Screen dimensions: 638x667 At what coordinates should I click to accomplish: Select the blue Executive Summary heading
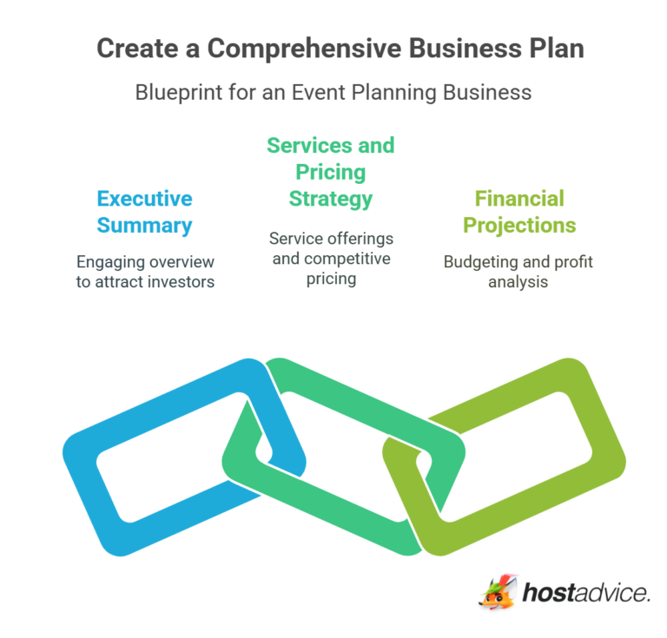144,212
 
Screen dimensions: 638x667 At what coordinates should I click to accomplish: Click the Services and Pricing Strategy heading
330,171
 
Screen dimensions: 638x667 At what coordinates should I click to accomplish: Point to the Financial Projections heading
519,212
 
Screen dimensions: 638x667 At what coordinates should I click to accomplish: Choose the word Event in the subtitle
298,91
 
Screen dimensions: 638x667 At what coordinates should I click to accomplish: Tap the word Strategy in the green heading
330,198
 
